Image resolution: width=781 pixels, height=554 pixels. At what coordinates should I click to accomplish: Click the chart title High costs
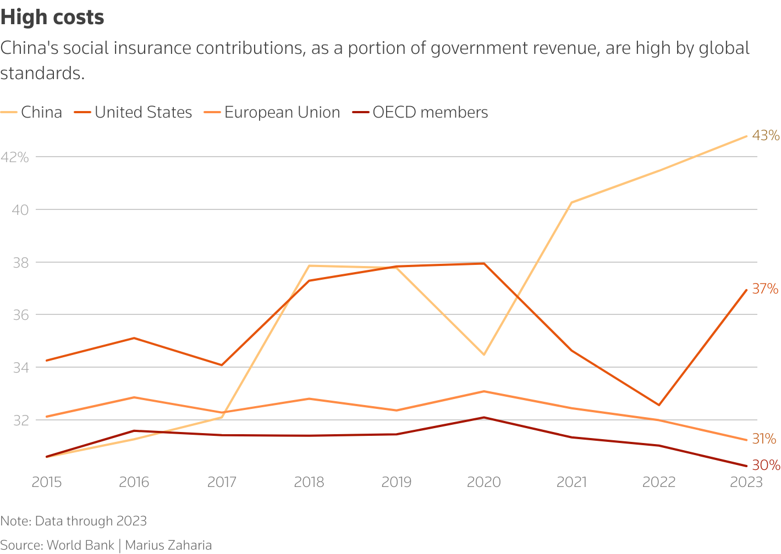[x=52, y=18]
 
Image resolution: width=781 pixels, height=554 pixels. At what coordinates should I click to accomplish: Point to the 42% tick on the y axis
[x=14, y=157]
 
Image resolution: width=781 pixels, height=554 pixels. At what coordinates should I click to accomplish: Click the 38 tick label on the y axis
[x=20, y=263]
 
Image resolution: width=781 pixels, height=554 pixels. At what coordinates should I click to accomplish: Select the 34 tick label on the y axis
[x=20, y=368]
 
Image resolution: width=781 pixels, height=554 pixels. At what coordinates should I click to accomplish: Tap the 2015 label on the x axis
[x=47, y=482]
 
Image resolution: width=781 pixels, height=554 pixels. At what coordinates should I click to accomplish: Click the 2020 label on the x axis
[x=484, y=482]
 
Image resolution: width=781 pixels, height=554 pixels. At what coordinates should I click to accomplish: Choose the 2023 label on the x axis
[x=746, y=482]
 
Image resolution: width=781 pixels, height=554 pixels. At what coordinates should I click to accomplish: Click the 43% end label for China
[x=766, y=135]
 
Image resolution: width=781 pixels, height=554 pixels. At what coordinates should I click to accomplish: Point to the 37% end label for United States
[x=765, y=289]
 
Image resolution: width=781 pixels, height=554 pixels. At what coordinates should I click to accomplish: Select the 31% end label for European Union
[x=764, y=439]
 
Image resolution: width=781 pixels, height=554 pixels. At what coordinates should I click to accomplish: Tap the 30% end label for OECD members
[x=766, y=466]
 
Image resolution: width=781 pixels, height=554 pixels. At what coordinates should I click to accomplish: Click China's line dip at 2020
[x=484, y=354]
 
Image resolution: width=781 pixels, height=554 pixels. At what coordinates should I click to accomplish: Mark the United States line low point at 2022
[x=659, y=405]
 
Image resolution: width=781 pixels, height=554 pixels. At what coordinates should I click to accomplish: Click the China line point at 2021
[x=571, y=203]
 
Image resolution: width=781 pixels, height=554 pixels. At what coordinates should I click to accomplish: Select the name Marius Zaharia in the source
[x=168, y=545]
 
